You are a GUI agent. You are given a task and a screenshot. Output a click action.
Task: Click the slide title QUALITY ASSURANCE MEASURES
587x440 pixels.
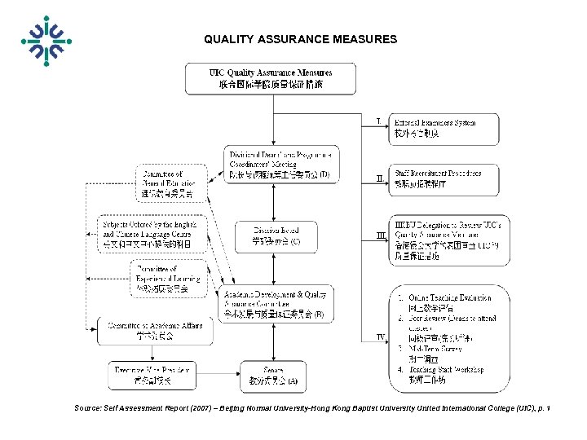tap(300, 39)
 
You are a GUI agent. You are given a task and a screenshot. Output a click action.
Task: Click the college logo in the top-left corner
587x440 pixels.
tap(46, 41)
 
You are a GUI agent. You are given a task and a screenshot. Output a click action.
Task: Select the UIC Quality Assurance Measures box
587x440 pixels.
tap(271, 78)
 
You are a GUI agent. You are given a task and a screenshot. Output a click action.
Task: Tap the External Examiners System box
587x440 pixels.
tap(444, 129)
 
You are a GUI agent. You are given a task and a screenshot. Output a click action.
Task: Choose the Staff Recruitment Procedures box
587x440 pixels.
tap(444, 178)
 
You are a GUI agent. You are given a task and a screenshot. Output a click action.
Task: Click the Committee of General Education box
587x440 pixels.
tap(167, 184)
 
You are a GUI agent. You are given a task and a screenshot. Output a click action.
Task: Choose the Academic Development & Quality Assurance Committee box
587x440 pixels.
tap(277, 304)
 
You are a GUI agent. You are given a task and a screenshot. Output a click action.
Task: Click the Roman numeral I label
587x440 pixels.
tap(377, 122)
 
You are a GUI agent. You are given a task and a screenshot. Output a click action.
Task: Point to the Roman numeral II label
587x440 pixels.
tap(378, 178)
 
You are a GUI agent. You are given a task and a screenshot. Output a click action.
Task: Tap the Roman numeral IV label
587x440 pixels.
tap(380, 337)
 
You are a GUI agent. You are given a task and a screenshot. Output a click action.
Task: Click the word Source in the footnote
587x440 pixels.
tap(88, 407)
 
